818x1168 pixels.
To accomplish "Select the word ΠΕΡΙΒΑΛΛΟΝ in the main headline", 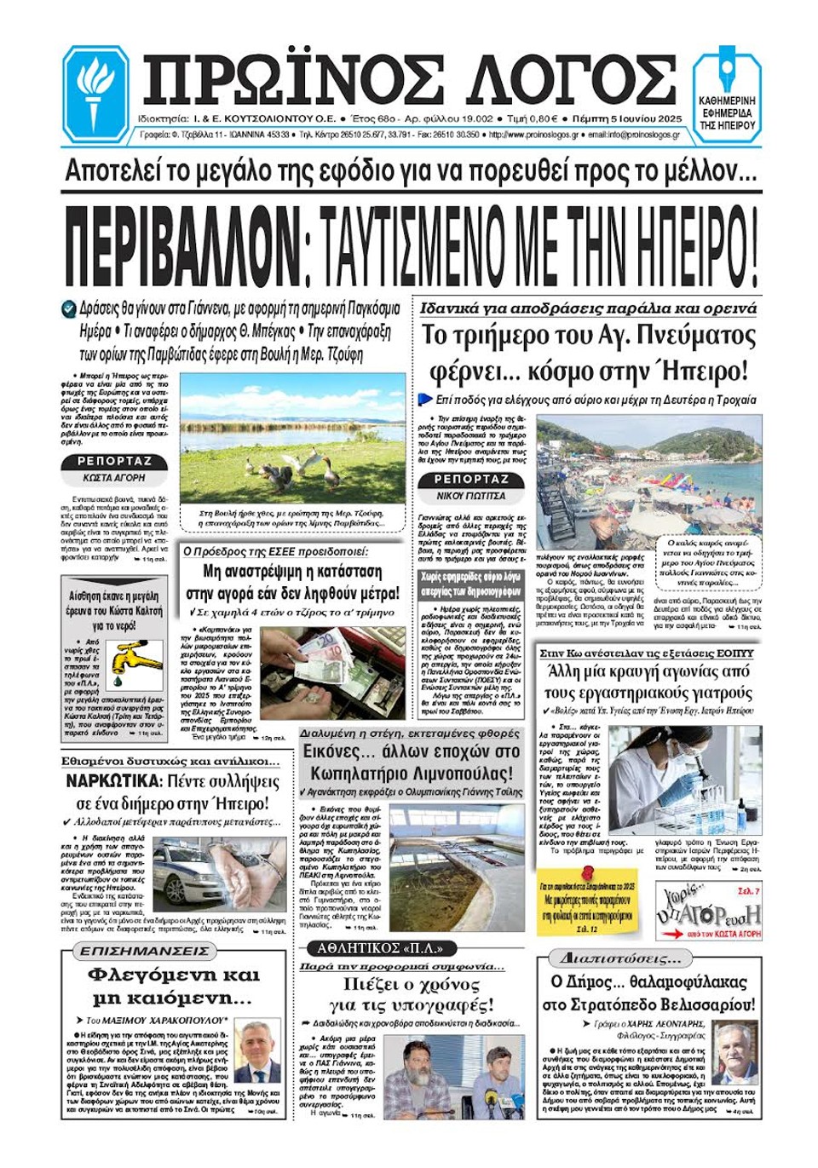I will [x=182, y=245].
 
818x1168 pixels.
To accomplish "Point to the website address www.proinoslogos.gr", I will [x=533, y=135].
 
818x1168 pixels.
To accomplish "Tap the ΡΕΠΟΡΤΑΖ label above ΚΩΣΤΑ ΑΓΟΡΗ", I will [x=114, y=461].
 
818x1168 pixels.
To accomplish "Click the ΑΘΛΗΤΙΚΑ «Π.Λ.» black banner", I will [x=379, y=948].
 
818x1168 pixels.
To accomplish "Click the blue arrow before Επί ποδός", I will [x=426, y=400].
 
